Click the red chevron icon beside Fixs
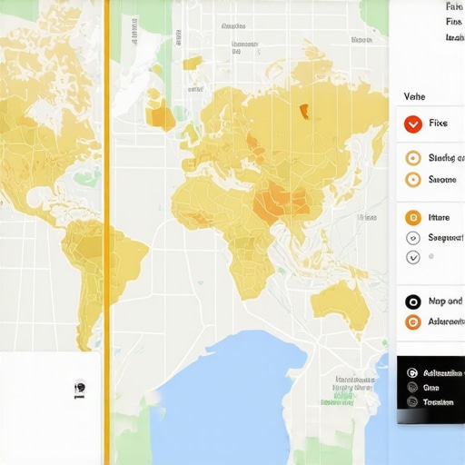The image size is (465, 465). point(412,124)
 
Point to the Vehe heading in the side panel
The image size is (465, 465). point(414,94)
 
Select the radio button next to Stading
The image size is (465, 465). point(412,158)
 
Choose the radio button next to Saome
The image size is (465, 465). point(412,180)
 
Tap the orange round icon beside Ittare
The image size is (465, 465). point(412,218)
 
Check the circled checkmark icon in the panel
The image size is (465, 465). point(412,258)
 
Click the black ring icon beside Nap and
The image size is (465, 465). point(412,302)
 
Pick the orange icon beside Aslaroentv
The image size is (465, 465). point(412,322)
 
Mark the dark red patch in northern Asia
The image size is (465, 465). point(304,112)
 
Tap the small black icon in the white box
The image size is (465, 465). point(79,388)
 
